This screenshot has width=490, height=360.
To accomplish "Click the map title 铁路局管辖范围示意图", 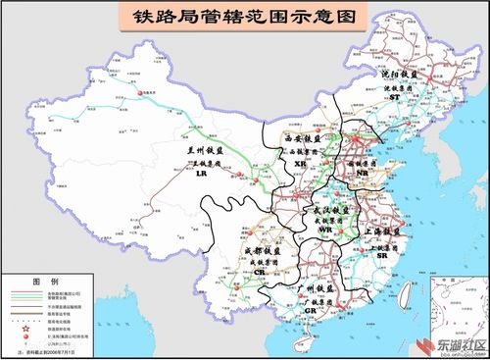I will [244, 17].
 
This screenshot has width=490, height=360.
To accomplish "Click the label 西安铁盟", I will [303, 140].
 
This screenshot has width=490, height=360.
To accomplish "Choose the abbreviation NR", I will [364, 172].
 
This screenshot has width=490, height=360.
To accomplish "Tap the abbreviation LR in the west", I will [201, 174].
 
